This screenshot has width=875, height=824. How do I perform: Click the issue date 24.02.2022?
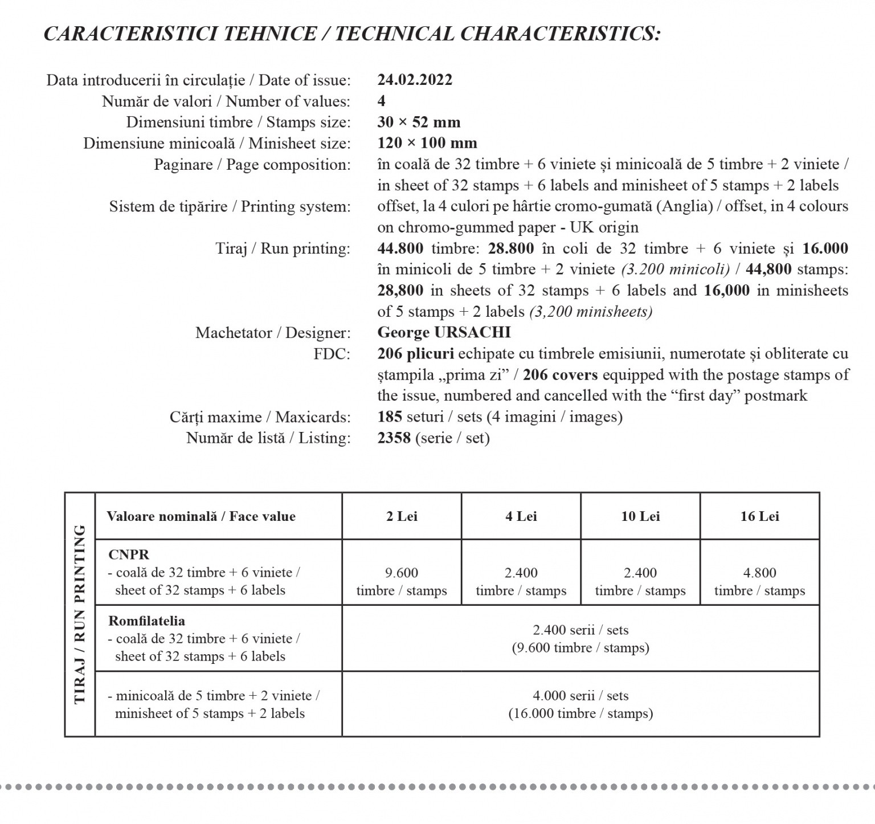coord(415,80)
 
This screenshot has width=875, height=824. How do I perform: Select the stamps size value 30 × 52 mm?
coord(419,122)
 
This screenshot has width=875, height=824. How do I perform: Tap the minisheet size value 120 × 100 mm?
coord(427,143)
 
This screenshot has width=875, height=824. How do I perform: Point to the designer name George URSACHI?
coord(444,332)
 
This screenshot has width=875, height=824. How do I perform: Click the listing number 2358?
coord(394,438)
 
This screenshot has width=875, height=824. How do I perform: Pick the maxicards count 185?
coord(390,417)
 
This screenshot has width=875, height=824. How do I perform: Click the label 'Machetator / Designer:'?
coord(273,333)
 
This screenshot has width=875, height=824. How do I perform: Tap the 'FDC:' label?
coord(332,354)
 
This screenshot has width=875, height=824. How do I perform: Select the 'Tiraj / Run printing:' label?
coord(283,248)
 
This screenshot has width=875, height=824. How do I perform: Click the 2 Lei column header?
coord(402,516)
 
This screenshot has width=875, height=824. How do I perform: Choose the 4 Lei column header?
coord(521,516)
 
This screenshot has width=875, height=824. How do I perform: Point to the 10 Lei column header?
coord(640,516)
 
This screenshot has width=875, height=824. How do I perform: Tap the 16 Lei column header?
coord(759,516)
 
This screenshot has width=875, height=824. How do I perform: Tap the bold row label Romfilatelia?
coord(146,621)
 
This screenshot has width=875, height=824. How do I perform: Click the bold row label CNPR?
coord(129,554)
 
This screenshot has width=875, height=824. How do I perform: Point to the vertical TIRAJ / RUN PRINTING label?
coord(80,614)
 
